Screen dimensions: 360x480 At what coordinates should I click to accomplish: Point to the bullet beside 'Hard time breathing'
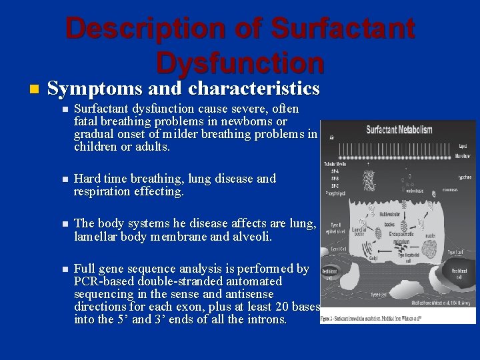pyautogui.click(x=63, y=179)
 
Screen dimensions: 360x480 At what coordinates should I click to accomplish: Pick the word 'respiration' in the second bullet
pyautogui.click(x=104, y=192)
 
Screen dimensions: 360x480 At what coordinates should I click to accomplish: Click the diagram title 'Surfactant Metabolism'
pyautogui.click(x=400, y=129)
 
